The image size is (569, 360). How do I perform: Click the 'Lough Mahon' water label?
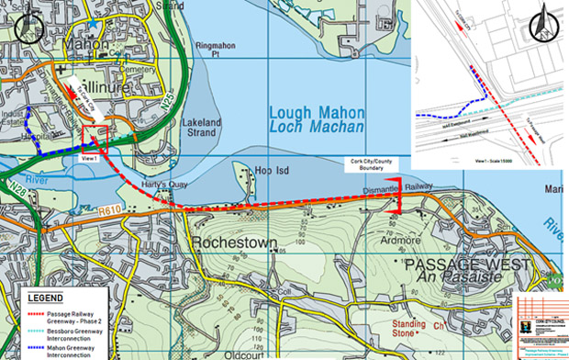click(317, 113)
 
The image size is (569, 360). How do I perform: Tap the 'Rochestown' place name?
click(229, 243)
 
